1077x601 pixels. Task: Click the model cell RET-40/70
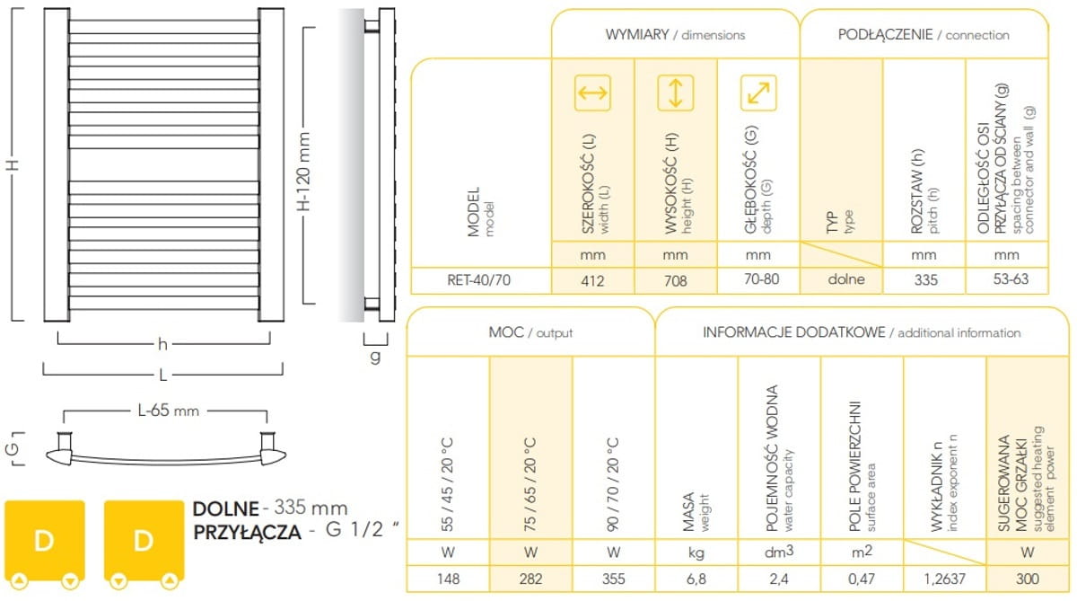(478, 280)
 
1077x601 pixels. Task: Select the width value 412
(592, 280)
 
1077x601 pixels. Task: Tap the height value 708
(675, 280)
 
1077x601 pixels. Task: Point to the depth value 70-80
(761, 279)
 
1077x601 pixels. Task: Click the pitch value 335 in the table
(925, 279)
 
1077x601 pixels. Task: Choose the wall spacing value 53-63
(1011, 279)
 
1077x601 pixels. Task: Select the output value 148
(448, 579)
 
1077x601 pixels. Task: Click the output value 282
(530, 579)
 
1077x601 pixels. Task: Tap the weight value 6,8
(696, 579)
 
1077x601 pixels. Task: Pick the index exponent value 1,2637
(944, 579)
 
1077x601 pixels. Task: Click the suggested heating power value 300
(1028, 579)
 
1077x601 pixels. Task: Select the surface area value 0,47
(862, 579)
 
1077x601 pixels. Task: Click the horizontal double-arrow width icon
(592, 93)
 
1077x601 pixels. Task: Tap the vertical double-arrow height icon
(676, 93)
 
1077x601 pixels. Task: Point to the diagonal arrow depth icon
(758, 93)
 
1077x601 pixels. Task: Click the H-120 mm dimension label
(304, 172)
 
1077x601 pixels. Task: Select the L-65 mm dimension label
(168, 411)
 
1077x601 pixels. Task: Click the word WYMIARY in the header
(637, 35)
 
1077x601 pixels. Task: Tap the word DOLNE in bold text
(226, 508)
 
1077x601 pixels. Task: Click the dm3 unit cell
(779, 552)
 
